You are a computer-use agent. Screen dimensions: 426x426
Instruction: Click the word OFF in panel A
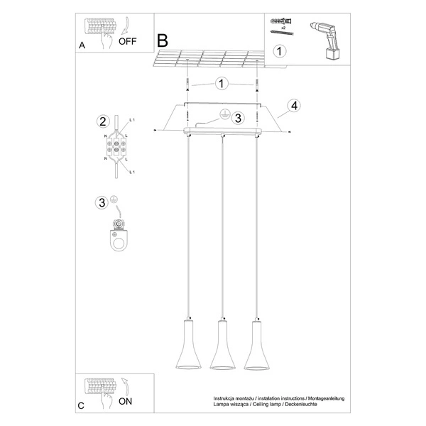(x=128, y=41)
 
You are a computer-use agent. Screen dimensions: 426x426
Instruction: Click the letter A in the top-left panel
(x=82, y=44)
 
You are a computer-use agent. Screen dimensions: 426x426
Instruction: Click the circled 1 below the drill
(x=280, y=51)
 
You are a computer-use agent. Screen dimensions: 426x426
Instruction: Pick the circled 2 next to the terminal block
(x=103, y=121)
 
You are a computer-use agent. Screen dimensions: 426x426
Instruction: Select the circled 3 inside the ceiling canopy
(x=238, y=118)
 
